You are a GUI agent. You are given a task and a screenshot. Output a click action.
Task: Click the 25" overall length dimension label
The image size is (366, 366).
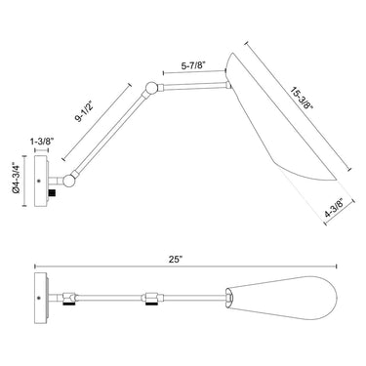coord(177,260)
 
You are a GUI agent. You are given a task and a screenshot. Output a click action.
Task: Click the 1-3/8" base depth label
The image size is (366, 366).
coord(41,142)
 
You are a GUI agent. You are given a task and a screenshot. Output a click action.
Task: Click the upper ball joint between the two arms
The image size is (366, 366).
coord(150,88)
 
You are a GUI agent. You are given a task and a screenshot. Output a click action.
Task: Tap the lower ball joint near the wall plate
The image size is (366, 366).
coord(69,181)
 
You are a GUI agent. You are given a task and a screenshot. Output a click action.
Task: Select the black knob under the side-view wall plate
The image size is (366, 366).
coord(52,192)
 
